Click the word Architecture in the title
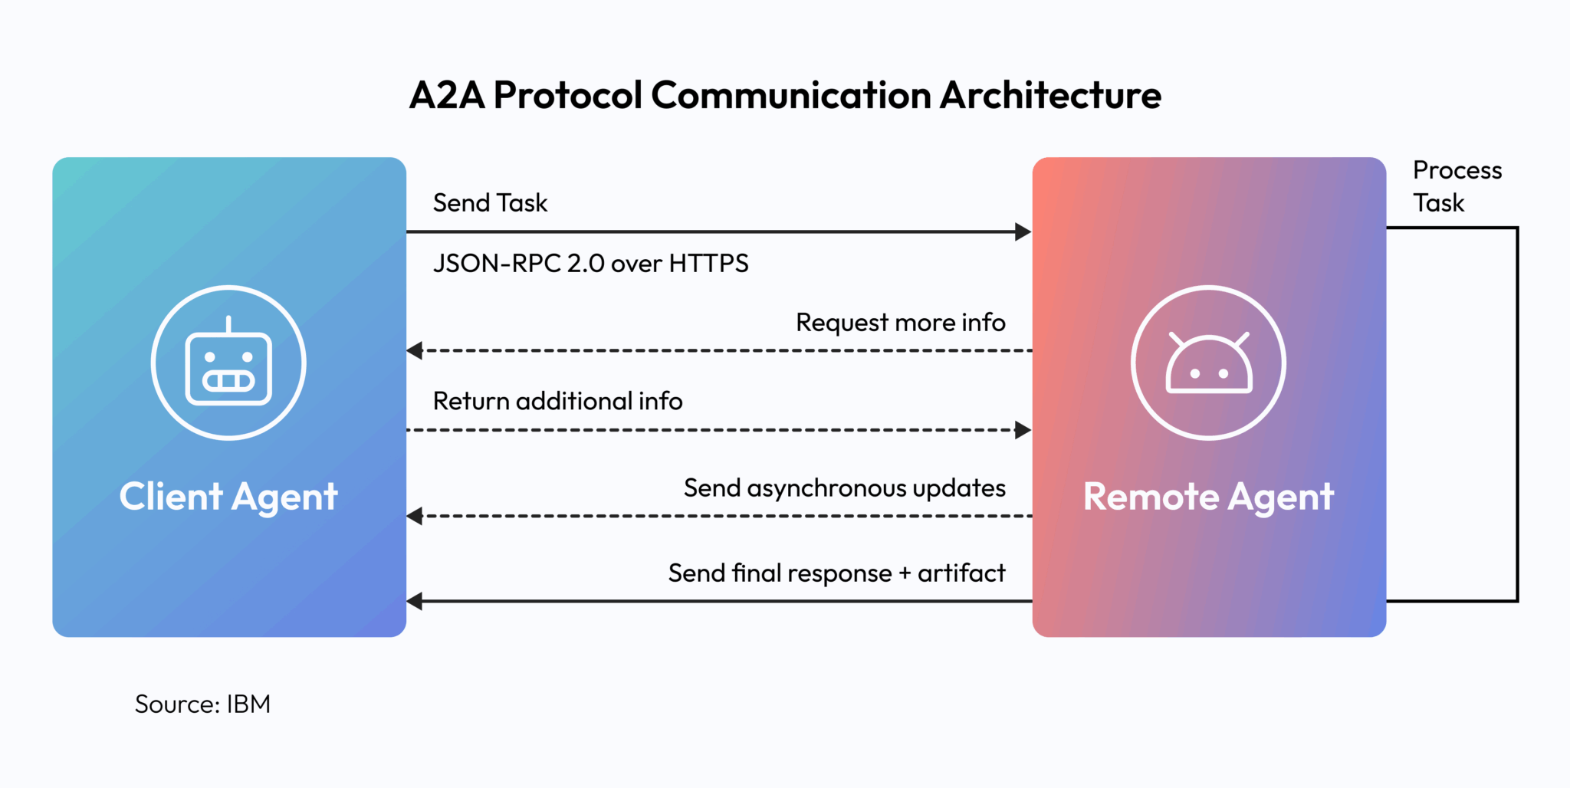[x=1050, y=96]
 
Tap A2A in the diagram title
[x=447, y=96]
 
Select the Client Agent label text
[x=228, y=497]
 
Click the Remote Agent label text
[x=1208, y=497]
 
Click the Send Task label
[x=490, y=203]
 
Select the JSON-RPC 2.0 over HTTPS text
[x=590, y=264]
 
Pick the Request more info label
[x=900, y=323]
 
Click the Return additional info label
[x=557, y=401]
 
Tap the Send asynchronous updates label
[x=844, y=488]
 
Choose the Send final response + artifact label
[x=836, y=573]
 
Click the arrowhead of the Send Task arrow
[x=1023, y=231]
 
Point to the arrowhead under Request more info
[x=415, y=350]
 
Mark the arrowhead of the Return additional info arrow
[x=1023, y=430]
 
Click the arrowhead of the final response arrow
[x=415, y=601]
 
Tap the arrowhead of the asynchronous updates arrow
[x=415, y=516]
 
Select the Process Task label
[x=1457, y=186]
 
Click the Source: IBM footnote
[x=202, y=704]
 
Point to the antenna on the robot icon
[x=228, y=323]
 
